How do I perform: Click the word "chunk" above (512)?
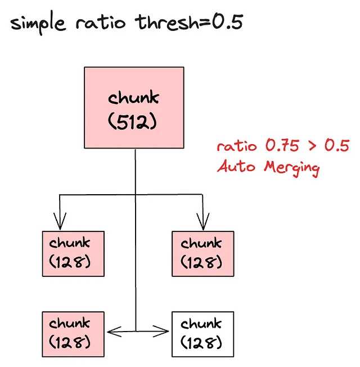click(x=134, y=98)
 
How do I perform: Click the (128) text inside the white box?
click(x=201, y=342)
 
